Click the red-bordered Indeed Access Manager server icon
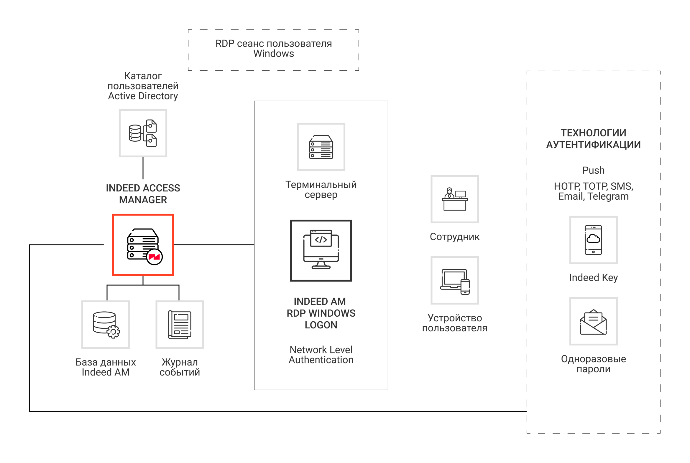coord(143,244)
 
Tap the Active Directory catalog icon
coord(143,133)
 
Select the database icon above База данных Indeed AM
coord(106,325)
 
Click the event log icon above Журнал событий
coord(180,325)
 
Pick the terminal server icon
coord(321,147)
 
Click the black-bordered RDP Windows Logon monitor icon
coord(321,250)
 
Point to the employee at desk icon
coord(454,199)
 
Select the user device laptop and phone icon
coord(454,280)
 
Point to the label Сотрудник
coord(454,237)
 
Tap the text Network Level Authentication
coord(321,355)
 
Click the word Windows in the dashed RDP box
coord(273,54)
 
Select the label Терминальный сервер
coord(321,190)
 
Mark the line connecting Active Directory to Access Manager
coord(143,168)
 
